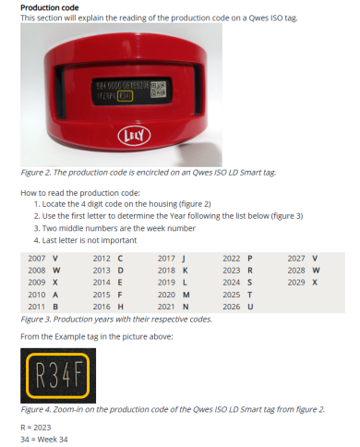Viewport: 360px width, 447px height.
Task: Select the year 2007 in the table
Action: pyautogui.click(x=37, y=258)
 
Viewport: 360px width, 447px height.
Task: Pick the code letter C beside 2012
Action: pyautogui.click(x=121, y=258)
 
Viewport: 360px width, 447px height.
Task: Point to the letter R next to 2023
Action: pyautogui.click(x=250, y=270)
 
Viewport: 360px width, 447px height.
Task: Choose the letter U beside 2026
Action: pyautogui.click(x=250, y=306)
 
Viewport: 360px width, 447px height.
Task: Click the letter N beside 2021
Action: pyautogui.click(x=186, y=306)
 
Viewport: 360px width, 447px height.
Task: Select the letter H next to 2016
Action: pyautogui.click(x=121, y=306)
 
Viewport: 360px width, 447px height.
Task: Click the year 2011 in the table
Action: pyautogui.click(x=37, y=306)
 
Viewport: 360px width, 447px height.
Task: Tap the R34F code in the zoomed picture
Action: pyautogui.click(x=55, y=375)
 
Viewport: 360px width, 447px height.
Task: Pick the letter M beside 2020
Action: pyautogui.click(x=186, y=294)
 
